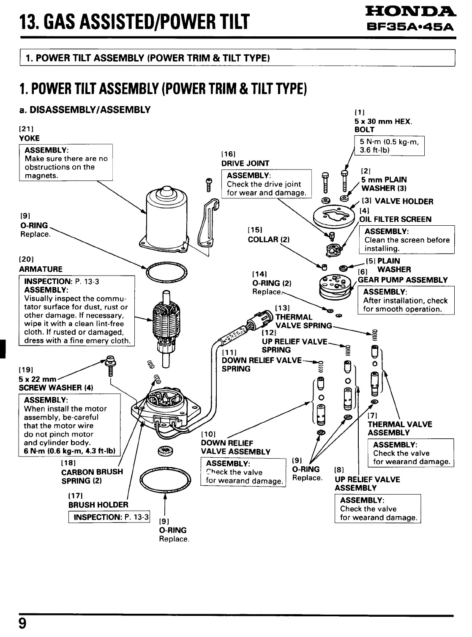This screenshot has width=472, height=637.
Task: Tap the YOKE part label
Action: [x=29, y=138]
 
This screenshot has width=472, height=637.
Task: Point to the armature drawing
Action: [x=164, y=325]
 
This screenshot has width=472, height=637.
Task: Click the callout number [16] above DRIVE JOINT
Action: [x=228, y=154]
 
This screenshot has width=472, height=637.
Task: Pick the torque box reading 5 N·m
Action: [x=389, y=146]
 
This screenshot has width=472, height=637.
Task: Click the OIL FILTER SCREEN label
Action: [x=396, y=219]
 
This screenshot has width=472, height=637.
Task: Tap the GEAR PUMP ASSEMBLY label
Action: [x=403, y=280]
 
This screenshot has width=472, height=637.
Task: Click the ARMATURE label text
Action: [x=41, y=269]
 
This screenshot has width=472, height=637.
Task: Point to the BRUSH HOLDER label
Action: [x=98, y=505]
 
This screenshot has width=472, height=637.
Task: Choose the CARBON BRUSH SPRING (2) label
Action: [x=92, y=476]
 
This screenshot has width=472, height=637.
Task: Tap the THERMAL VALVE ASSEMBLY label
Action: [x=400, y=428]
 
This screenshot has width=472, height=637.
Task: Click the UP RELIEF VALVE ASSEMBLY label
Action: [x=367, y=484]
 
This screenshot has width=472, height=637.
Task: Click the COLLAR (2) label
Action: [x=269, y=239]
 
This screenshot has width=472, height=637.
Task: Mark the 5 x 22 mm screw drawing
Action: [x=110, y=366]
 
